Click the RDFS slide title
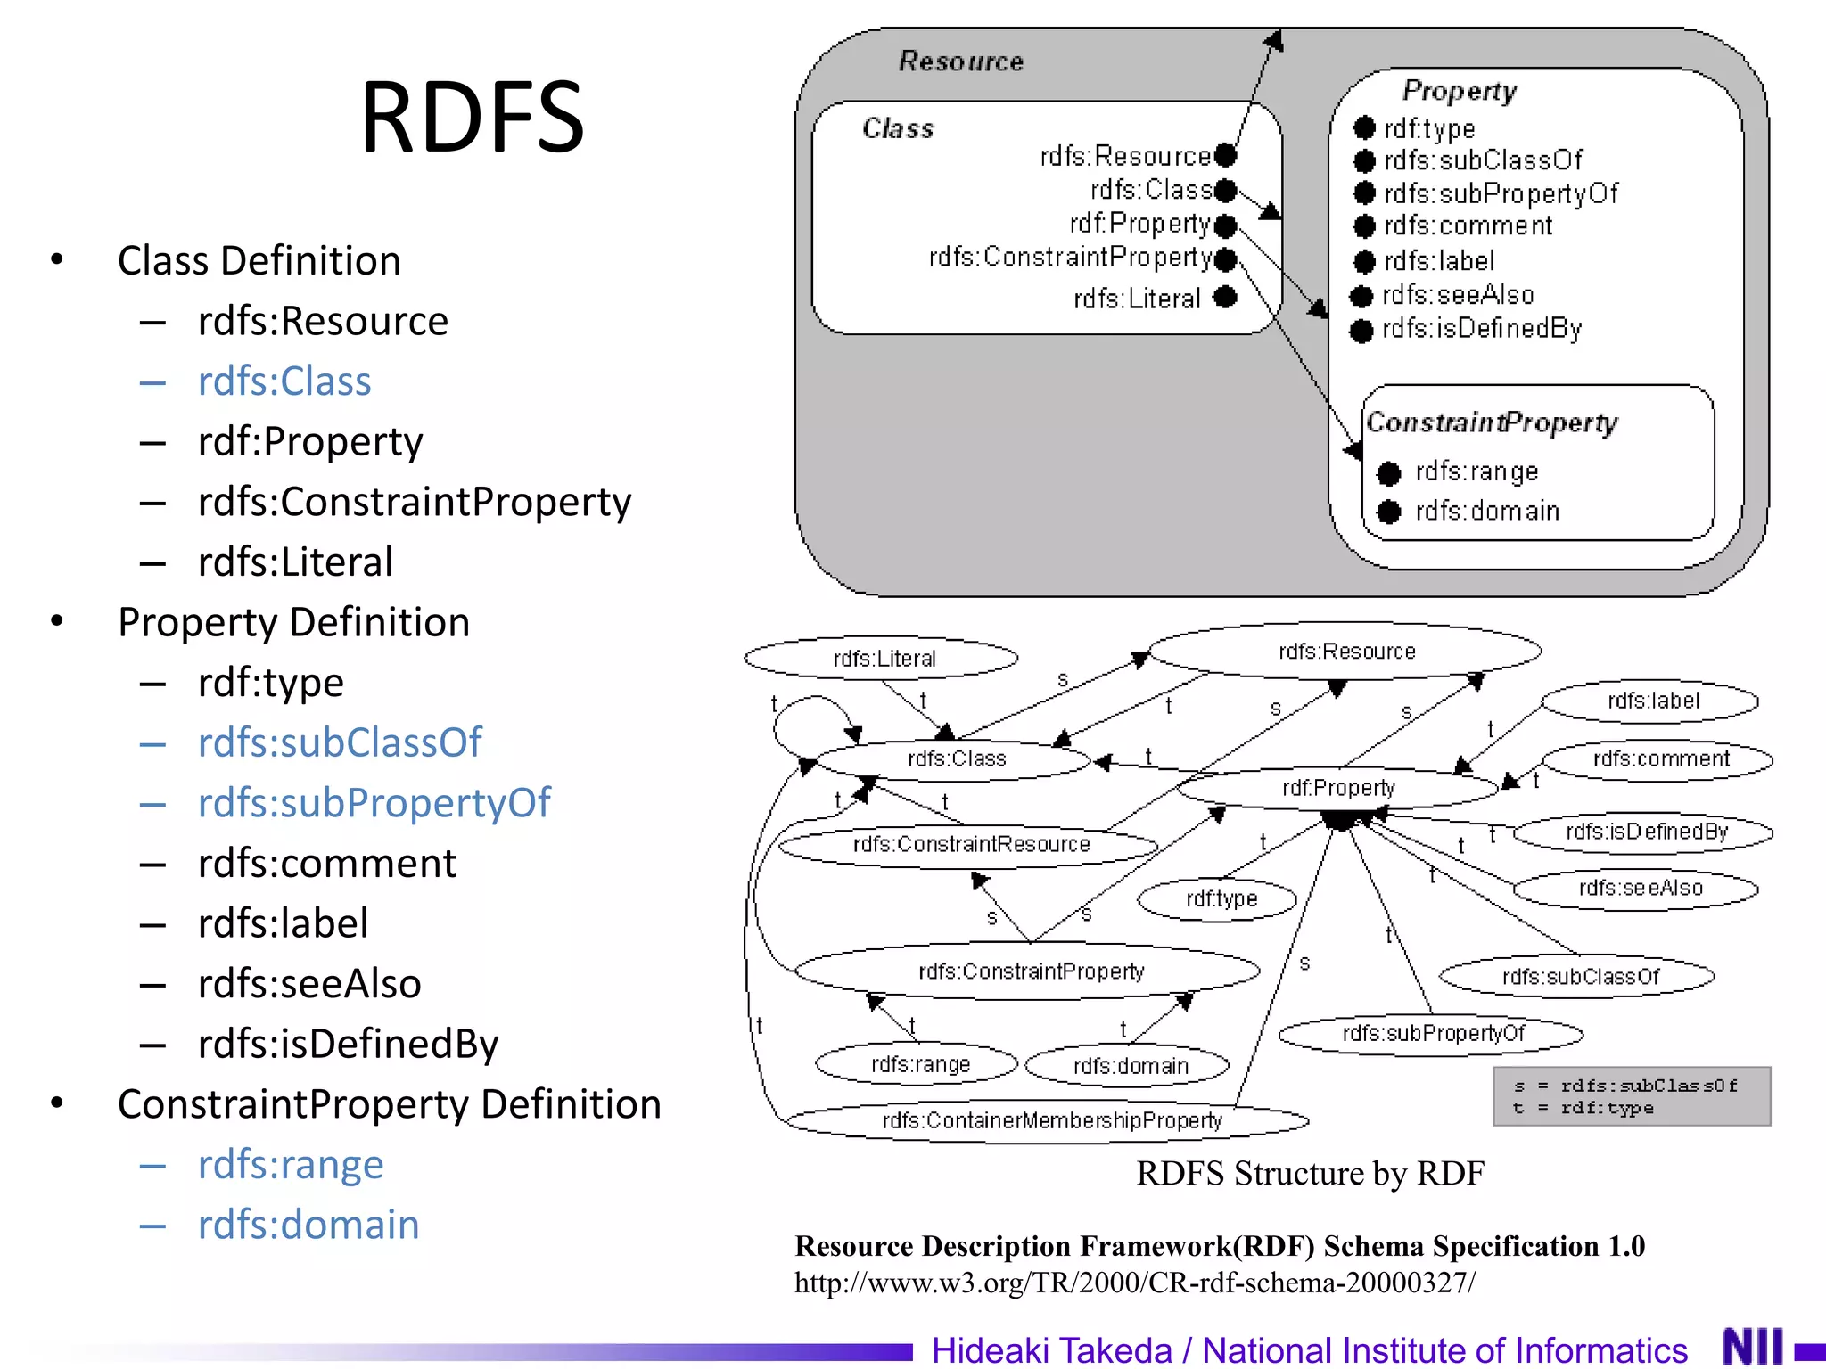point(472,117)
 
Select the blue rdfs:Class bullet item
point(284,381)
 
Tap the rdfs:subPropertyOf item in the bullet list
point(374,803)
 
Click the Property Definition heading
point(293,622)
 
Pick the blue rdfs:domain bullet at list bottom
point(308,1225)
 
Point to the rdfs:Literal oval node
point(883,659)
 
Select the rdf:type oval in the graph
point(1220,898)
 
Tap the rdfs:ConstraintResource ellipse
point(970,844)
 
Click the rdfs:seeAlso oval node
point(1639,888)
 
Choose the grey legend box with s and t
point(1631,1096)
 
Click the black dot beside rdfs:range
point(1388,473)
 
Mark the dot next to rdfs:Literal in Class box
point(1226,297)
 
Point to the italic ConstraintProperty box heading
point(1492,422)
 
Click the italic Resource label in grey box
point(960,61)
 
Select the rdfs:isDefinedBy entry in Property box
point(1481,329)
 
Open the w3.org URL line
point(1134,1283)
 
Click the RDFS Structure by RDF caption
point(1310,1173)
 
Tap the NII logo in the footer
point(1752,1346)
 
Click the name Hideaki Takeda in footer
point(1051,1350)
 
